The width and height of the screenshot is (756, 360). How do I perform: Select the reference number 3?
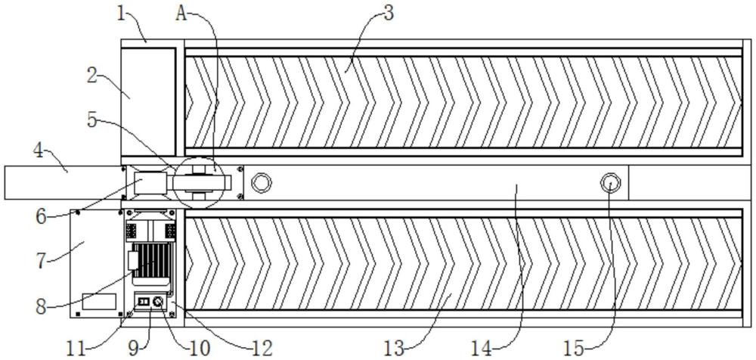(388, 13)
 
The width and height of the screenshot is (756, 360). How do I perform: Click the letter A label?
(181, 14)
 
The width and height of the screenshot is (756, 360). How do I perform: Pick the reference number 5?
(92, 121)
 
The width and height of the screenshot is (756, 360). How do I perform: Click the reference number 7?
(44, 260)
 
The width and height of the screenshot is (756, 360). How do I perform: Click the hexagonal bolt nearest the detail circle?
(262, 182)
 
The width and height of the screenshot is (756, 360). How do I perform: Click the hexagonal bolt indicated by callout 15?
(609, 183)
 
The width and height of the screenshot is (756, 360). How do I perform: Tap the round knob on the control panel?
(158, 302)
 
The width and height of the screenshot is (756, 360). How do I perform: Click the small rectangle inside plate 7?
(99, 302)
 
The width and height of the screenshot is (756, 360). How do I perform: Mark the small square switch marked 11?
(143, 302)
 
